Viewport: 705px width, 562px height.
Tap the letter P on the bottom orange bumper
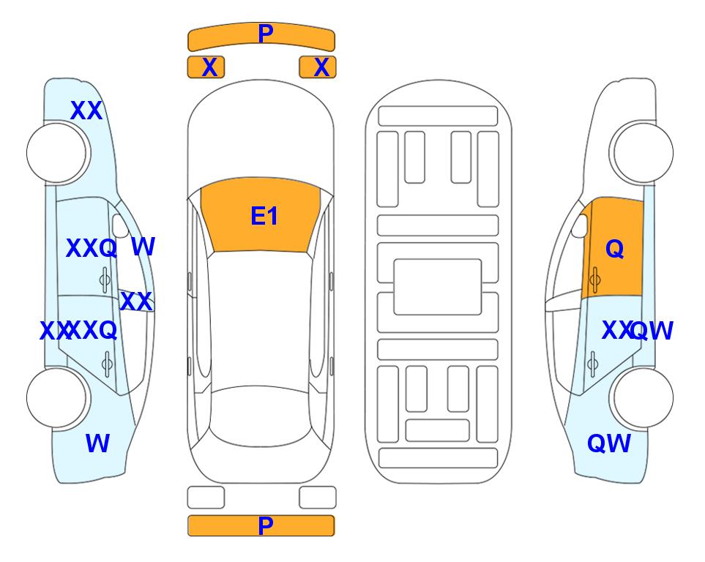tap(266, 525)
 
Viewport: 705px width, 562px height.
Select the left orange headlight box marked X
tap(206, 67)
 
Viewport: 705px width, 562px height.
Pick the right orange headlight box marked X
tap(318, 67)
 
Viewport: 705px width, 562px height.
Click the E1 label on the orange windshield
tap(264, 216)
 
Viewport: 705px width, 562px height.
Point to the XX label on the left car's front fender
tap(86, 110)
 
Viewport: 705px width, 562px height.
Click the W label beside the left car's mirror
tap(143, 247)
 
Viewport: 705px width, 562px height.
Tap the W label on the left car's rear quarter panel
tap(97, 443)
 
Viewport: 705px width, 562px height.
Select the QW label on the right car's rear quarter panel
tap(609, 443)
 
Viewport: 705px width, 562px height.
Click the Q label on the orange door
tap(615, 249)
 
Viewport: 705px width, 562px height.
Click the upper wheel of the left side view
tap(56, 153)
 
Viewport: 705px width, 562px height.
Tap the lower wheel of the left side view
tap(56, 397)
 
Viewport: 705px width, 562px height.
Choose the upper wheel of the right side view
tap(644, 153)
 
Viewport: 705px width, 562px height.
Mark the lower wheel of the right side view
tap(644, 397)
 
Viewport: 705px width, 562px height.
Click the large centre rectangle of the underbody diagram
tap(438, 287)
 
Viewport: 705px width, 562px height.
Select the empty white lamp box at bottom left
tap(206, 498)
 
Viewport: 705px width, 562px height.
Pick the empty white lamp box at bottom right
tap(318, 498)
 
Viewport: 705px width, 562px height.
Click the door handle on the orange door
tap(594, 280)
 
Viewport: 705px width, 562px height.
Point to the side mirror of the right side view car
tap(580, 225)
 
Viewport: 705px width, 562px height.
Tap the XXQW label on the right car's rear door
tap(637, 331)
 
